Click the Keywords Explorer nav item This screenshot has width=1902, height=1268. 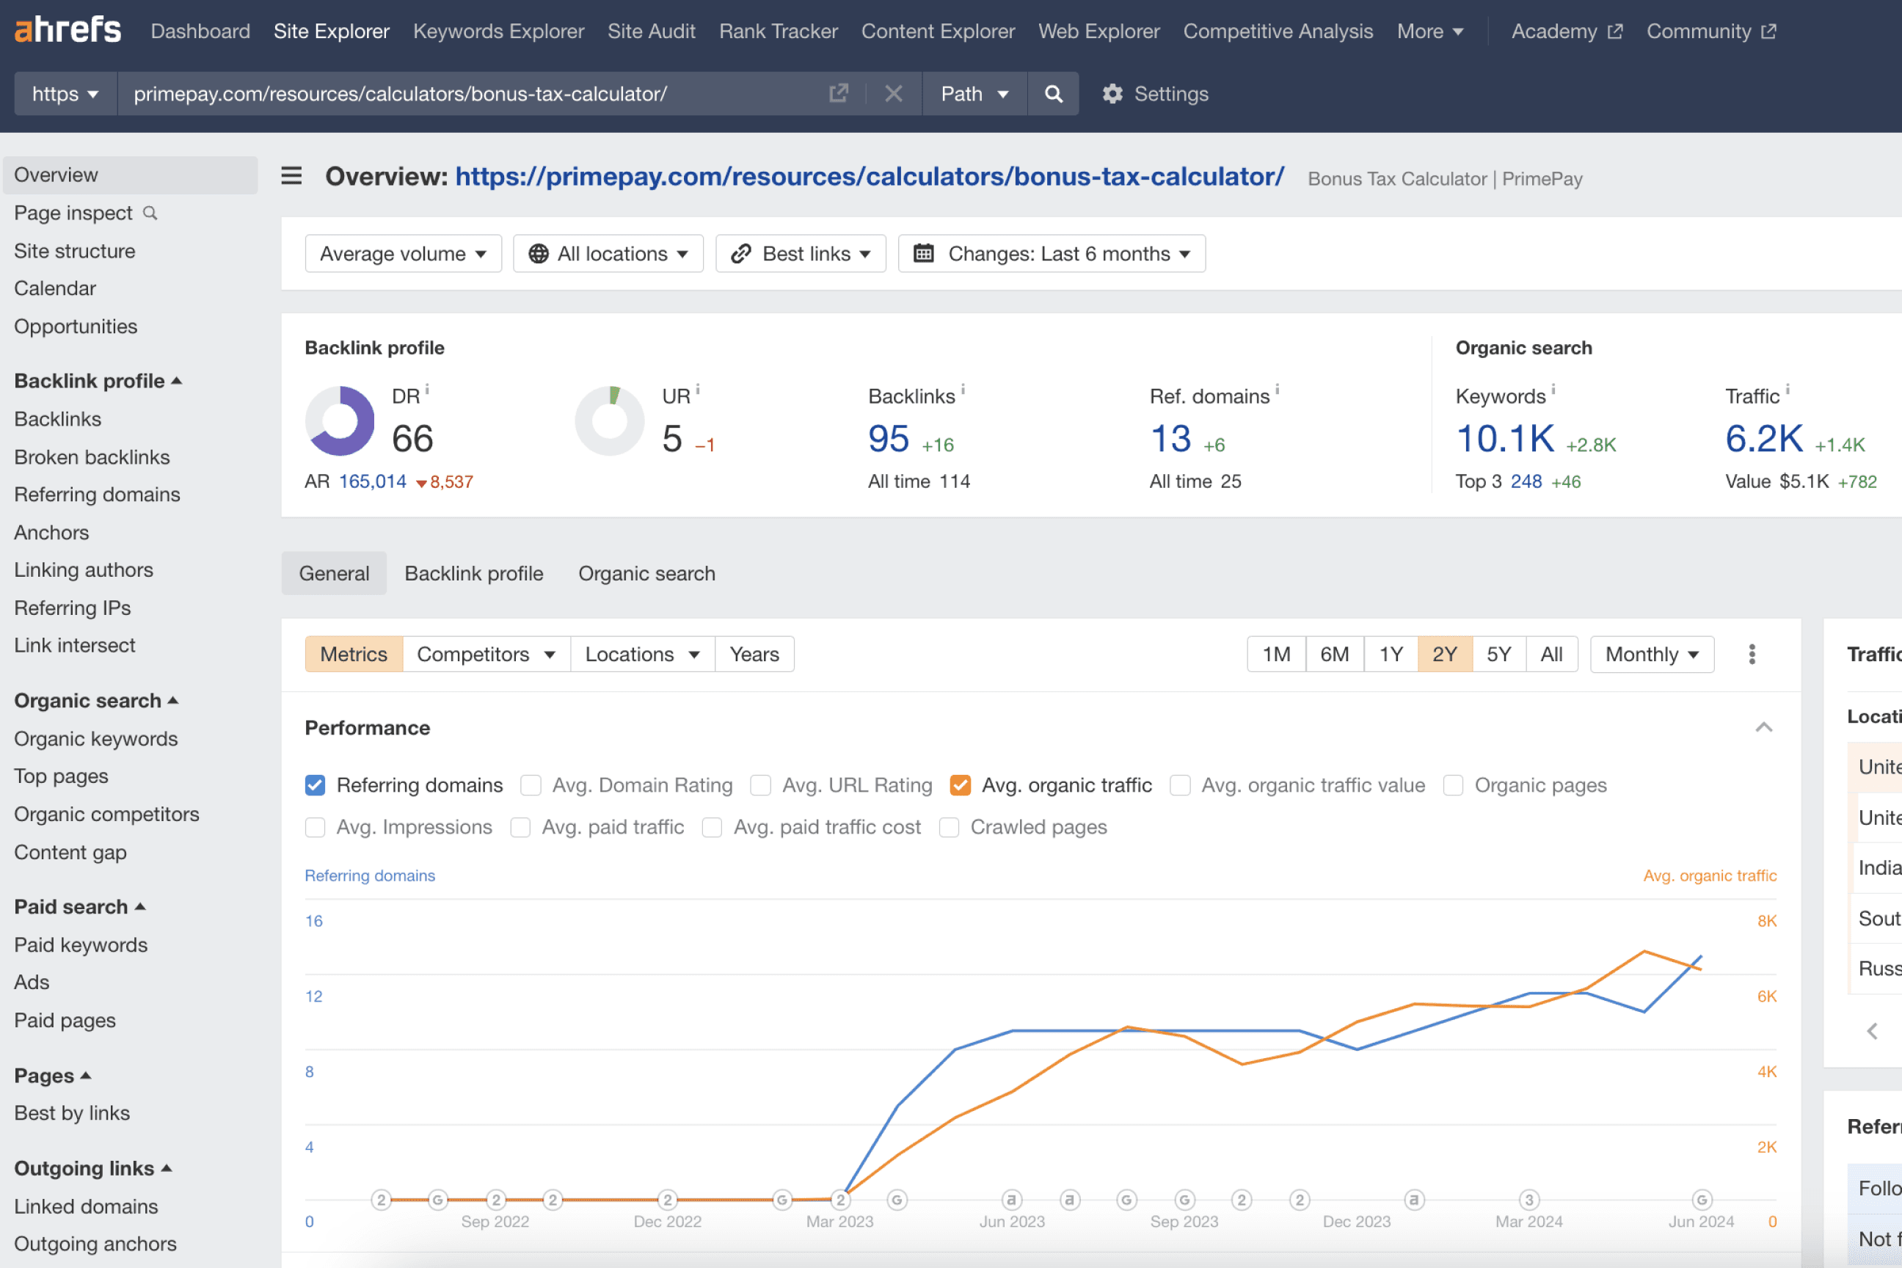pos(498,31)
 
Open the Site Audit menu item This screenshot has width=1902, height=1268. pos(651,31)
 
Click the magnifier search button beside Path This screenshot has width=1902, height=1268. pos(1053,94)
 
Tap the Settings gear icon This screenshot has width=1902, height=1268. pos(1112,94)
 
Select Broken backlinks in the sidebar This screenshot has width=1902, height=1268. pos(92,457)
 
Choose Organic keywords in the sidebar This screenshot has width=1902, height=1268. pos(95,738)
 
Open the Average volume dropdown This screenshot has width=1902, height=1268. pos(403,254)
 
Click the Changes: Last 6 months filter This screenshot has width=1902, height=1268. pos(1052,254)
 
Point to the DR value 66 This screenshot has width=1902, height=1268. pos(412,439)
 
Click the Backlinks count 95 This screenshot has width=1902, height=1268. pos(888,439)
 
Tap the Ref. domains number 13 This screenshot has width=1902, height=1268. pos(1170,439)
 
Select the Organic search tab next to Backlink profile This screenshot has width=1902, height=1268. pos(646,573)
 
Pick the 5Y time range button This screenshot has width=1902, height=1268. pos(1498,655)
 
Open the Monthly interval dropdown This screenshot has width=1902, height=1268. pos(1651,655)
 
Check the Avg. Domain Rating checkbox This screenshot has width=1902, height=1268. pos(531,785)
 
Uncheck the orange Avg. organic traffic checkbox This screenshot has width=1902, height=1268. pos(960,785)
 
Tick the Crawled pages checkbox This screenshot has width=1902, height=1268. pos(950,827)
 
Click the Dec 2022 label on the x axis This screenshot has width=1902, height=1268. pos(667,1221)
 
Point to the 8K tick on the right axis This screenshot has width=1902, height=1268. pos(1766,921)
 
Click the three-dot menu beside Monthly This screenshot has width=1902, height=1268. pos(1752,655)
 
